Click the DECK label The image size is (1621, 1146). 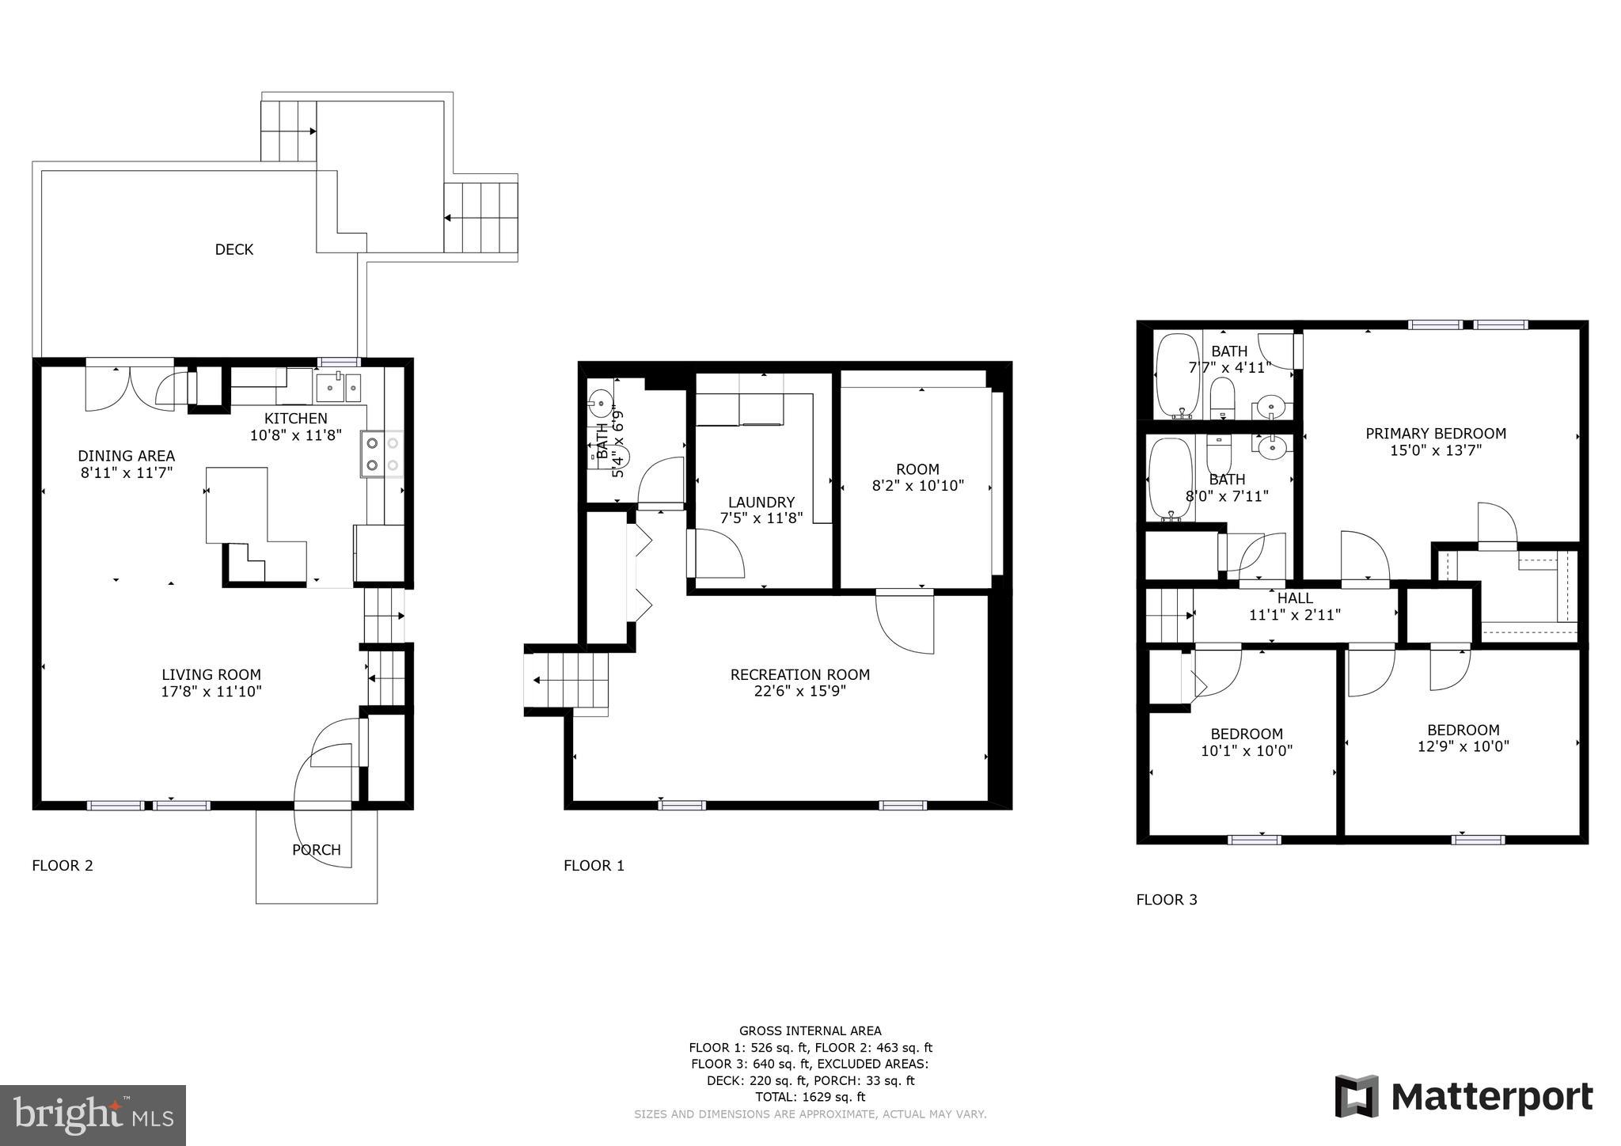click(x=234, y=249)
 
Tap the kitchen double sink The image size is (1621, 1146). click(x=338, y=387)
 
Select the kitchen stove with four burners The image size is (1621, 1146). click(x=382, y=454)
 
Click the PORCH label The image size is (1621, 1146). click(x=317, y=850)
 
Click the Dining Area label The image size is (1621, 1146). click(x=127, y=456)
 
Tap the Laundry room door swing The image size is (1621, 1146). click(x=716, y=553)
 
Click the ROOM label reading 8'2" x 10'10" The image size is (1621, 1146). click(x=917, y=469)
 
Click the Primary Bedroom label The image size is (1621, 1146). click(x=1435, y=434)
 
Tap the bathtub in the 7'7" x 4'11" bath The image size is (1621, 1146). click(x=1178, y=375)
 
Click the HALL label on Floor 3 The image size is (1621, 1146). click(x=1295, y=598)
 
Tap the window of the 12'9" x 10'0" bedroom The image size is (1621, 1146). click(x=1477, y=840)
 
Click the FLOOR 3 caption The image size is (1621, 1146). click(x=1166, y=900)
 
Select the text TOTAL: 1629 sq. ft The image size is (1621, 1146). click(x=810, y=1097)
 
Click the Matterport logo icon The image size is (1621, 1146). click(x=1357, y=1096)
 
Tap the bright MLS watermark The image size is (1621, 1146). click(x=93, y=1115)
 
